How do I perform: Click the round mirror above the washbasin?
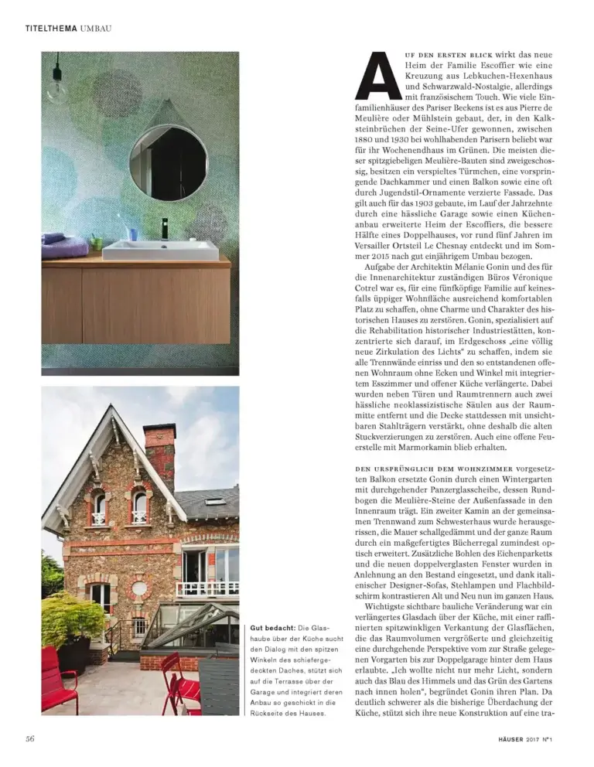[x=168, y=162]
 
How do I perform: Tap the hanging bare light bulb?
[x=56, y=89]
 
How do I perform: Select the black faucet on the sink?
[x=164, y=229]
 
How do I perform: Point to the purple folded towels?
[x=65, y=246]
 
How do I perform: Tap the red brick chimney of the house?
[x=159, y=453]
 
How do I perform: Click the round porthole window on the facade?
[x=140, y=588]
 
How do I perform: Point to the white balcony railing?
[x=207, y=589]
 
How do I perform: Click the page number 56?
[x=29, y=738]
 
